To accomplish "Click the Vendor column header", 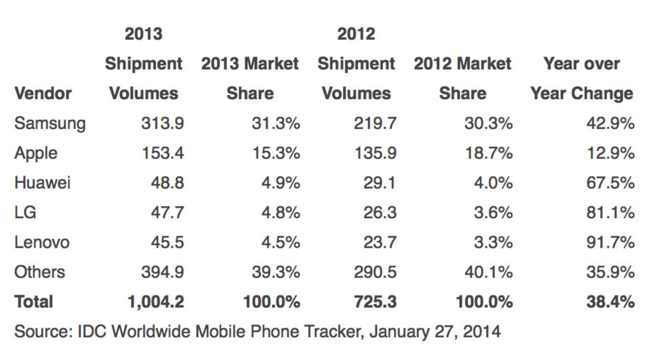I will (43, 94).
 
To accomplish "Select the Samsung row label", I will (50, 124).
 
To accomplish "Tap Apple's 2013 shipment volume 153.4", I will (162, 153).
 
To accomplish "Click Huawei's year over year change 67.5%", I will (610, 183).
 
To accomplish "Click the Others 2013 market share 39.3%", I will (275, 272).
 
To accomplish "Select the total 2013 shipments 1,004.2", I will (156, 302).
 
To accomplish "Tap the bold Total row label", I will (34, 302).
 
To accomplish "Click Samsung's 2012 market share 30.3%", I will (488, 124).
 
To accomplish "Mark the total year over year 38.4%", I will (610, 302).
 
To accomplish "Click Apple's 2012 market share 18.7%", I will (488, 153).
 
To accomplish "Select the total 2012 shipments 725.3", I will (375, 302).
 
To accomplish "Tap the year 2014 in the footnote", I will (482, 332).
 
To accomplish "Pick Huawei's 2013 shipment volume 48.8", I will (167, 183).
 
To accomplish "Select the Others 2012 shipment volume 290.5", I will (375, 272).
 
